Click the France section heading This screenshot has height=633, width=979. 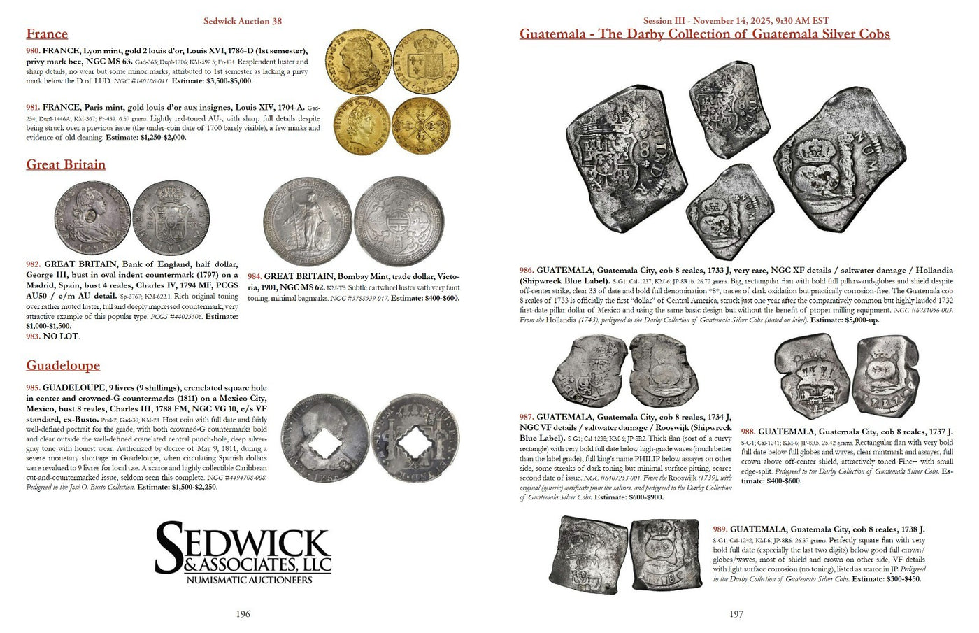[47, 34]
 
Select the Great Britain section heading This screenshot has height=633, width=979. [66, 165]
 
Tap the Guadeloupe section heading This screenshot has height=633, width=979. [63, 366]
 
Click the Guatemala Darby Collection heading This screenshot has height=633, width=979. [704, 34]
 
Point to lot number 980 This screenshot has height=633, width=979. [33, 52]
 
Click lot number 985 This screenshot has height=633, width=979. [33, 387]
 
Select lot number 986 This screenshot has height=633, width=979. [527, 271]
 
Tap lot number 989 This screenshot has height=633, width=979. [720, 529]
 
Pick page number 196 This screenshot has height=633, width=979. [243, 614]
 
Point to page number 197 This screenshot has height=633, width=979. [736, 614]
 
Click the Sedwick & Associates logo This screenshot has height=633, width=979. [243, 553]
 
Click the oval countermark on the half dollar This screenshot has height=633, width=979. [92, 219]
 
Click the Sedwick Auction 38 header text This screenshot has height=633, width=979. [242, 21]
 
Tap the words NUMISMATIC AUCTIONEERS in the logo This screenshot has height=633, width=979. [249, 580]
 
